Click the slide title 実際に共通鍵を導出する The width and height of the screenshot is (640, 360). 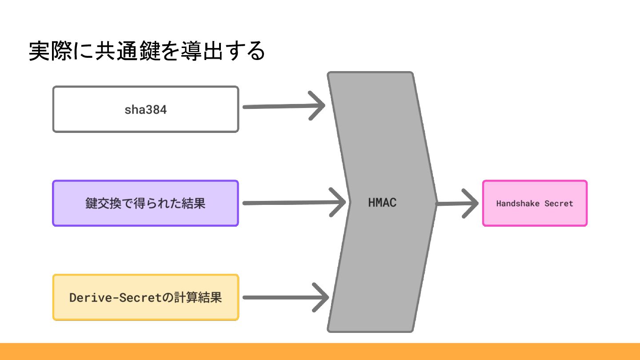point(147,52)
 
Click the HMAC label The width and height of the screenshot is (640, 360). point(382,203)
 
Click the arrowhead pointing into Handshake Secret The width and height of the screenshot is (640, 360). point(471,204)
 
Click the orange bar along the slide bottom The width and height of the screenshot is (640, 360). point(320,351)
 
